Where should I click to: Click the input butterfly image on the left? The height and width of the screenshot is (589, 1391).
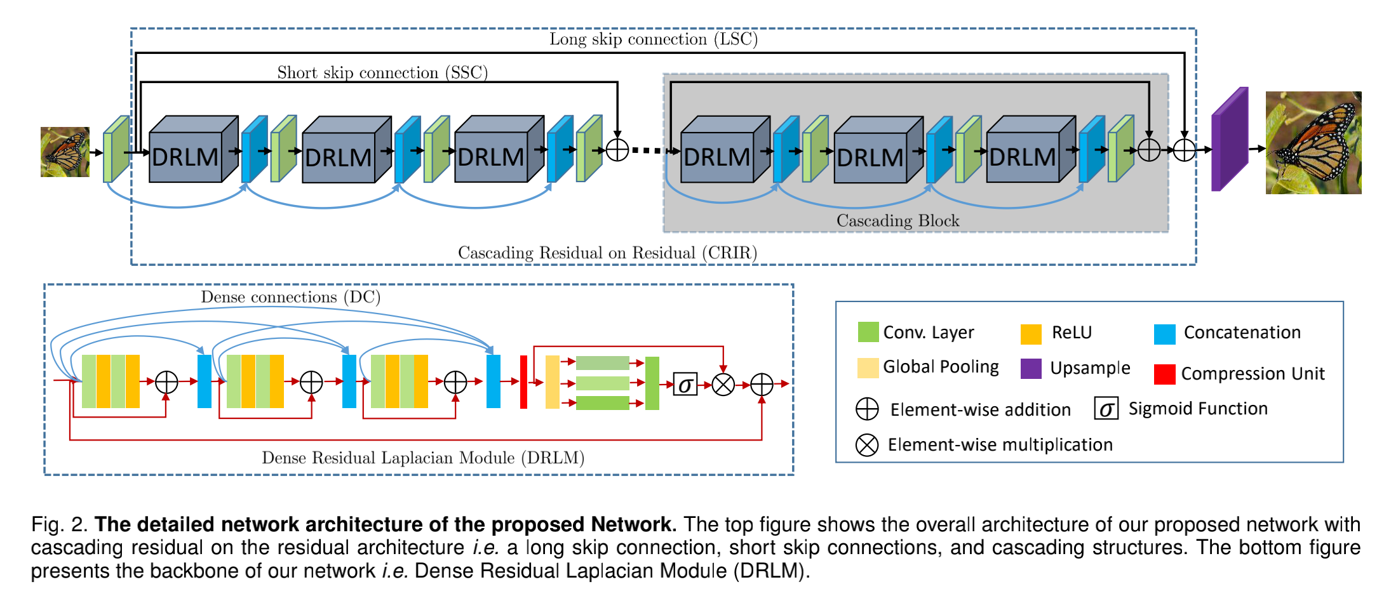pos(65,152)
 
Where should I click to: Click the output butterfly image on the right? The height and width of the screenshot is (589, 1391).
pos(1314,143)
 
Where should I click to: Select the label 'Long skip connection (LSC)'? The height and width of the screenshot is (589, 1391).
pos(654,39)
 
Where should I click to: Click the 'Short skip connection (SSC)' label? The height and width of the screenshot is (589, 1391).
pos(382,72)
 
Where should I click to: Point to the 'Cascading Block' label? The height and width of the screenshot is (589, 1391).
pos(897,220)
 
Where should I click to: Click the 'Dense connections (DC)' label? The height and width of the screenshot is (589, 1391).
pos(290,297)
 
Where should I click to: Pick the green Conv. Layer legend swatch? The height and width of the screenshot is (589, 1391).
pos(868,332)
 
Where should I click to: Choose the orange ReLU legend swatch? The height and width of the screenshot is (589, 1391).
pos(1031,334)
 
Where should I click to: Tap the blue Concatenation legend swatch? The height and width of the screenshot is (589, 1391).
pos(1165,334)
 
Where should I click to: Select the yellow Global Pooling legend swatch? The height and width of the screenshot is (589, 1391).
pos(868,368)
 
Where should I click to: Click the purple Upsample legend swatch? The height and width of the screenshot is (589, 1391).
pos(1031,369)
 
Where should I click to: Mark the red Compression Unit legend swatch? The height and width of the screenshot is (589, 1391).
pos(1165,374)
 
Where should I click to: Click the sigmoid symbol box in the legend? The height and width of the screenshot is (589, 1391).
pos(1106,409)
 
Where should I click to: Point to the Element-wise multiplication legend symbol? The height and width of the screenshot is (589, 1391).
pos(867,445)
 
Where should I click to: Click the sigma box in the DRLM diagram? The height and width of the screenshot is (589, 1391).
pos(685,384)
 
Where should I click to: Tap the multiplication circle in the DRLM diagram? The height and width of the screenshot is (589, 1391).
pos(723,384)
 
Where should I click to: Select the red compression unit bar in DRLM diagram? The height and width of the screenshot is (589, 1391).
pos(523,382)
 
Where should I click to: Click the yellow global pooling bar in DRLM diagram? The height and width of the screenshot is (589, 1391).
pos(553,382)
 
